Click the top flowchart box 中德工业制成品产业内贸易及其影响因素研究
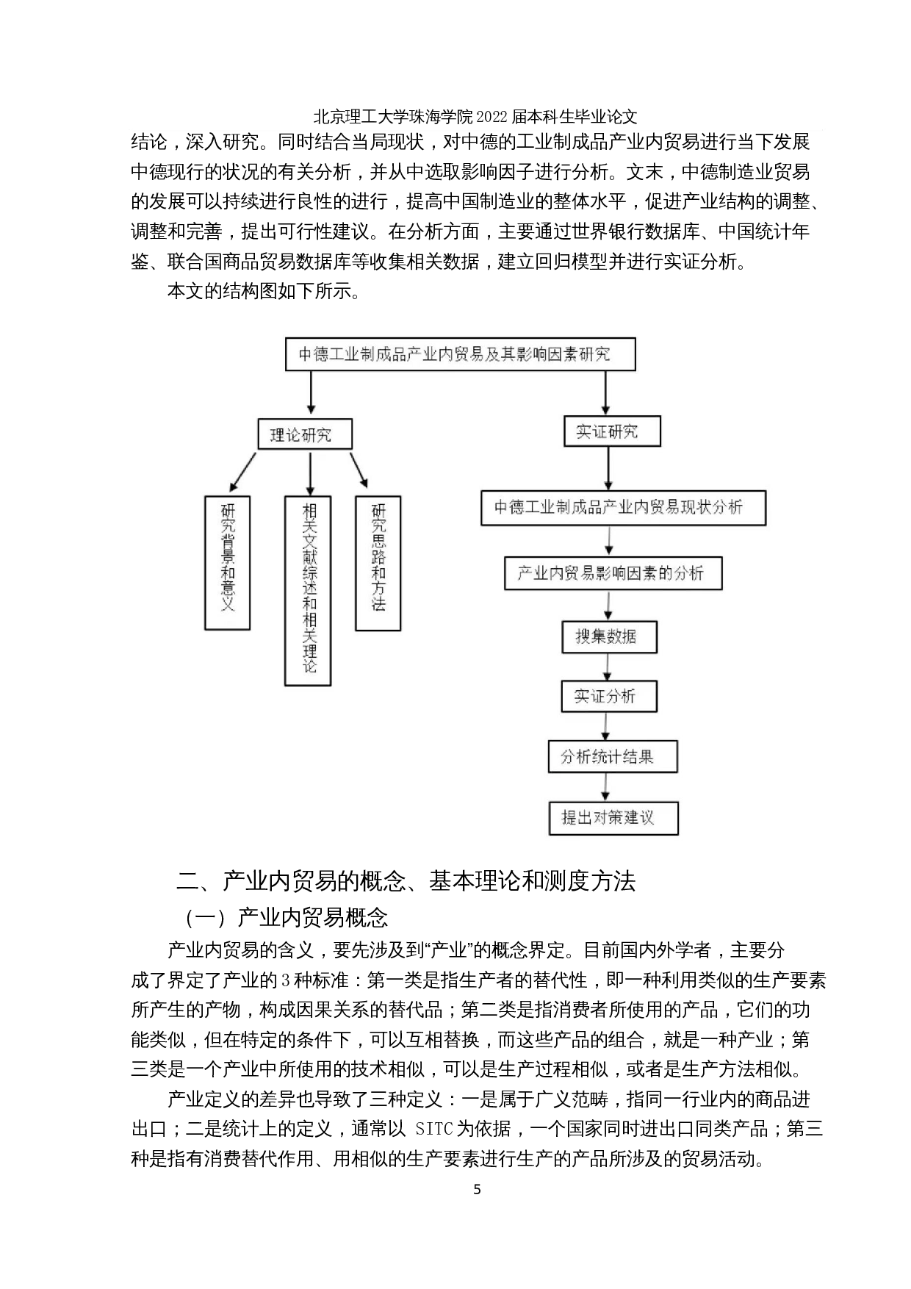point(459,354)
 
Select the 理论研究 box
point(304,434)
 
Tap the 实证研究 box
point(611,431)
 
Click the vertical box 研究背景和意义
point(227,562)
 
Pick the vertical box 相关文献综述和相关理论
point(308,590)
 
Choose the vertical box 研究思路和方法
point(378,562)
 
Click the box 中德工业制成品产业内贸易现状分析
point(623,507)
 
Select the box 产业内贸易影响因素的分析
point(613,573)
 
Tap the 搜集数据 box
point(608,636)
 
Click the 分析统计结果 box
point(612,756)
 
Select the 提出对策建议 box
point(613,817)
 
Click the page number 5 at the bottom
point(477,1189)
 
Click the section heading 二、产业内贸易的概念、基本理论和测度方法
point(407,880)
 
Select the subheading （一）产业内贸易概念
point(287,917)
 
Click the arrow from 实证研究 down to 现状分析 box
point(608,468)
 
